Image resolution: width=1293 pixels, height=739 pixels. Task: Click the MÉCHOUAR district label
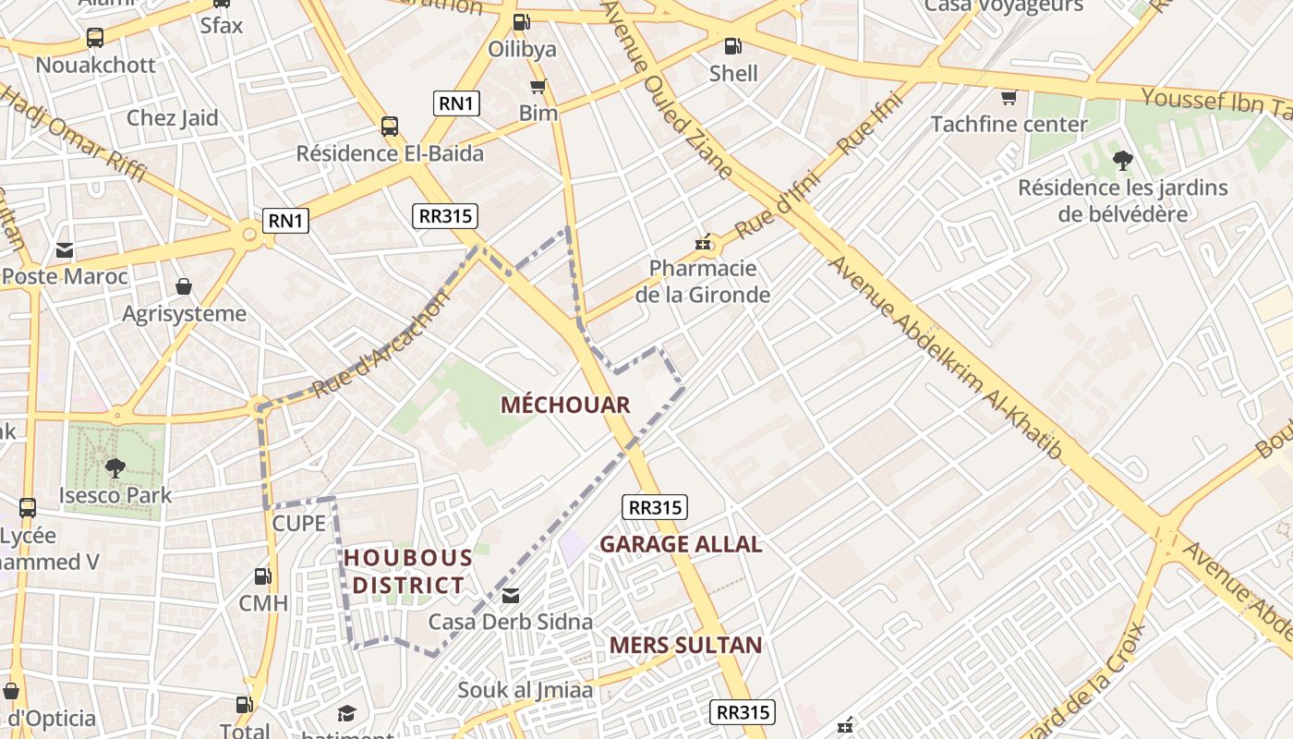click(x=565, y=405)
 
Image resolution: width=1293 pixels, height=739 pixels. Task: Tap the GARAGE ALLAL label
click(x=681, y=544)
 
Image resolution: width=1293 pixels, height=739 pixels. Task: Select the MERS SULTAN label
click(x=685, y=645)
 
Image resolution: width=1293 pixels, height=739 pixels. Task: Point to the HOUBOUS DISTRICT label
click(x=407, y=571)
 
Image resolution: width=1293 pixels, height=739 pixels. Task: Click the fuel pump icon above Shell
click(x=732, y=44)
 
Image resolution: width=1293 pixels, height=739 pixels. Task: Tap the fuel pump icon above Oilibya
click(x=521, y=21)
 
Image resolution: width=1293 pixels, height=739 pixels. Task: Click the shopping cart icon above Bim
click(x=538, y=87)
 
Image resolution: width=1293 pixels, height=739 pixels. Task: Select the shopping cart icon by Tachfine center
click(x=1009, y=97)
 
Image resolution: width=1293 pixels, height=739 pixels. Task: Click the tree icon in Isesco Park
click(x=115, y=468)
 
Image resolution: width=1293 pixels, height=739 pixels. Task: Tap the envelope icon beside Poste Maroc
click(x=65, y=250)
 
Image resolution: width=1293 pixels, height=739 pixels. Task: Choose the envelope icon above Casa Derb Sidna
click(x=510, y=596)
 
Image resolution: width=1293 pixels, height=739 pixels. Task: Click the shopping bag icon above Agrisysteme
click(x=184, y=286)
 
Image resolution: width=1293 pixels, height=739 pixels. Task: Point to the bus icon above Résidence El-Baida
click(x=390, y=127)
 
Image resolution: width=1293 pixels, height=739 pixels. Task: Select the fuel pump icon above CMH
click(x=263, y=576)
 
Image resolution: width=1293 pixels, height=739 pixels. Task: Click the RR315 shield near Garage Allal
click(x=656, y=507)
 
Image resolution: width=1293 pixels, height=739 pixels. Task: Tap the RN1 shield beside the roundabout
click(x=285, y=221)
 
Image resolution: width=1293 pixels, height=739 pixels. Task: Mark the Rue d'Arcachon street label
click(x=381, y=344)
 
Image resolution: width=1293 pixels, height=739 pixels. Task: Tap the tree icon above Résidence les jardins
click(x=1122, y=161)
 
